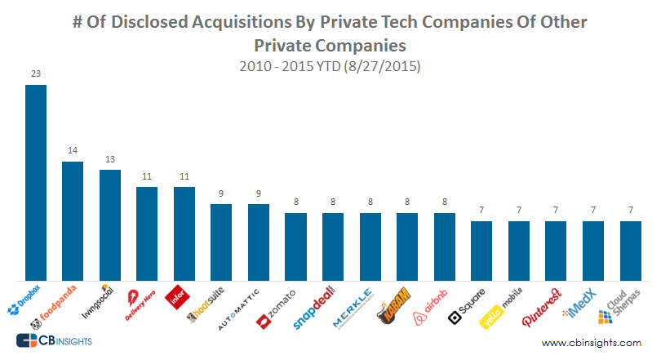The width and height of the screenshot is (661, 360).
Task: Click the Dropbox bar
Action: [x=36, y=181]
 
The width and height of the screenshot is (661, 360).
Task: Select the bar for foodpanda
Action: [x=73, y=220]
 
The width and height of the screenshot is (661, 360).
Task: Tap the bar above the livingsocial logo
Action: [x=110, y=224]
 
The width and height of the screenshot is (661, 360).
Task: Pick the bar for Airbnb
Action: [x=444, y=245]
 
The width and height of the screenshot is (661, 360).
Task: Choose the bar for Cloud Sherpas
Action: [x=630, y=249]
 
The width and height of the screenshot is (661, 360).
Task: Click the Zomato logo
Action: [x=277, y=307]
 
